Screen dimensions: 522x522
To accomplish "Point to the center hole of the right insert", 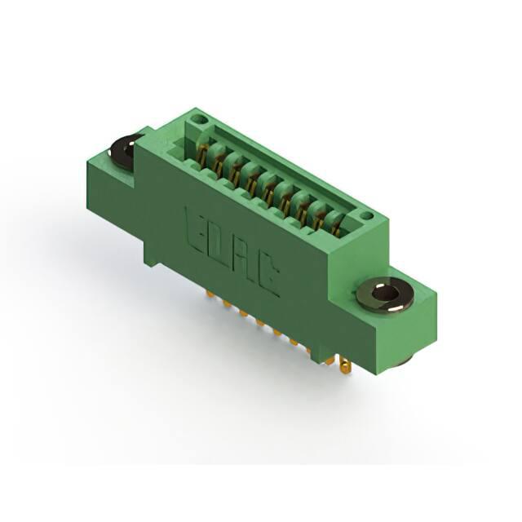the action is pyautogui.click(x=385, y=293).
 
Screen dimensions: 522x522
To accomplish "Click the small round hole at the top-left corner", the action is pyautogui.click(x=197, y=119).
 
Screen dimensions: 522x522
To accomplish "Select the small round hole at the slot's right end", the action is pyautogui.click(x=366, y=215).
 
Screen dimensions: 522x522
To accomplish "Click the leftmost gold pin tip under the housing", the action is pyautogui.click(x=210, y=294).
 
